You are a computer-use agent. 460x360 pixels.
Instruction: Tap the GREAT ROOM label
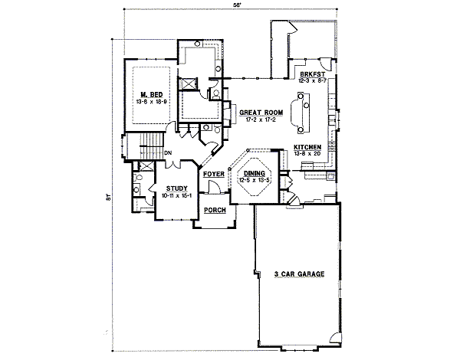[x=261, y=112]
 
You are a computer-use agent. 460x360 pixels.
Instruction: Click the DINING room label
[x=254, y=174]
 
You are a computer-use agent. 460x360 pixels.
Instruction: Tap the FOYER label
[x=213, y=175]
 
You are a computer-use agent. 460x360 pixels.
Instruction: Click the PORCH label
[x=214, y=209]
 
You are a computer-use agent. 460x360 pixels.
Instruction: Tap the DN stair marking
[x=167, y=153]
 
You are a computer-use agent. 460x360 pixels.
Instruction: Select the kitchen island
[x=300, y=112]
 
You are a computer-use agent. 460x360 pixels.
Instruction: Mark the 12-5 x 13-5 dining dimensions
[x=254, y=181]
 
